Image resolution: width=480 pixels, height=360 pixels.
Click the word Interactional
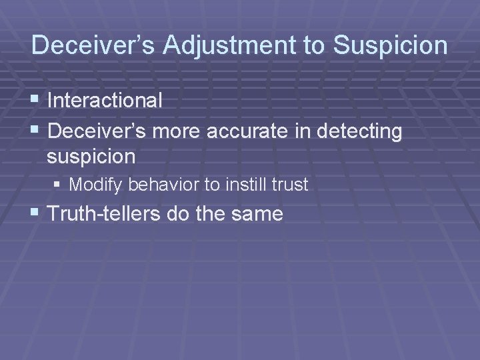point(105,101)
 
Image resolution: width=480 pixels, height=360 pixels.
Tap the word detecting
point(360,132)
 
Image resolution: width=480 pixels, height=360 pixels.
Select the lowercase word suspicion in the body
point(91,157)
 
